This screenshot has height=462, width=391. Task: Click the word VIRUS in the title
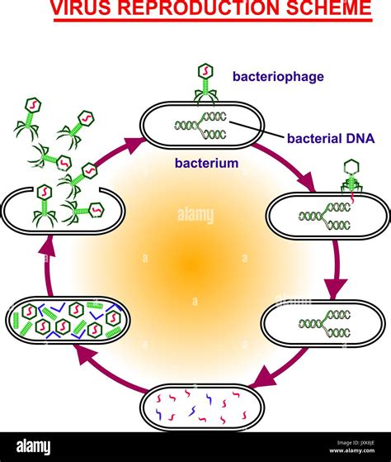[x=80, y=7]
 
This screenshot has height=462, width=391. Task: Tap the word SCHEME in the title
[x=328, y=7]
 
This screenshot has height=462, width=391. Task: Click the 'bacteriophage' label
[x=278, y=77]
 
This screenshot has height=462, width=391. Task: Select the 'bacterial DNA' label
[x=331, y=138]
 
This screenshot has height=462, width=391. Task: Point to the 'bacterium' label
[x=206, y=163]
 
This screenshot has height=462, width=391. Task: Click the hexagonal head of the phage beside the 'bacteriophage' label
[x=205, y=72]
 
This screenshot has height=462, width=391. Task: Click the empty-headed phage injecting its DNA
[x=351, y=177]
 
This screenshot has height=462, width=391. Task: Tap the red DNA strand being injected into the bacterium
[x=352, y=198]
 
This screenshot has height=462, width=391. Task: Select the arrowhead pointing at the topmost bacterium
[x=134, y=144]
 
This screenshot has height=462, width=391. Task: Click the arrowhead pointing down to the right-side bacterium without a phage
[x=336, y=288]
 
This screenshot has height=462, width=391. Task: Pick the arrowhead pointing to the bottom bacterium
[x=263, y=376]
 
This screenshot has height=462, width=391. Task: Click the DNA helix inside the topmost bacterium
[x=201, y=126]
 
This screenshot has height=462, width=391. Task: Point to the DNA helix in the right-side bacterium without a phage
[x=325, y=324]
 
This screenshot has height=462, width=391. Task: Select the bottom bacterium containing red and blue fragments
[x=202, y=407]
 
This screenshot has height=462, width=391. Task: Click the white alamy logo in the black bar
[x=33, y=447]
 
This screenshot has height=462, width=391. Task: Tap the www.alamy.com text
[x=352, y=450]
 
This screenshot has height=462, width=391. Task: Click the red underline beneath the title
[x=213, y=20]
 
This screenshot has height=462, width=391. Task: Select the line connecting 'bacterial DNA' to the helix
[x=257, y=130]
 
